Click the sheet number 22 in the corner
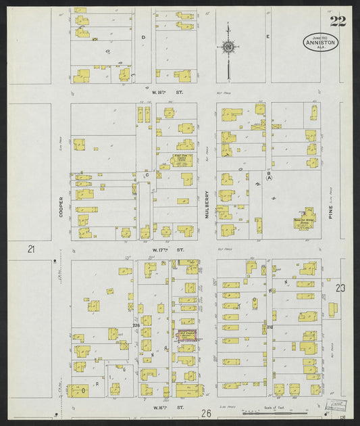pyautogui.click(x=338, y=21)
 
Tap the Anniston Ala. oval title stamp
pyautogui.click(x=321, y=43)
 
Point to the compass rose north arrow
pyautogui.click(x=228, y=46)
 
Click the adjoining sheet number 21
pyautogui.click(x=31, y=250)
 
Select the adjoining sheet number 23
pyautogui.click(x=340, y=289)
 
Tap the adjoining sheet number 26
pyautogui.click(x=206, y=412)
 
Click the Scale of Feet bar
pyautogui.click(x=284, y=411)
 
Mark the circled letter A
pyautogui.click(x=269, y=179)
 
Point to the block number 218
pyautogui.click(x=269, y=327)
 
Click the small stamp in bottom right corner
pyautogui.click(x=336, y=404)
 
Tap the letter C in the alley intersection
pyautogui.click(x=147, y=174)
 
